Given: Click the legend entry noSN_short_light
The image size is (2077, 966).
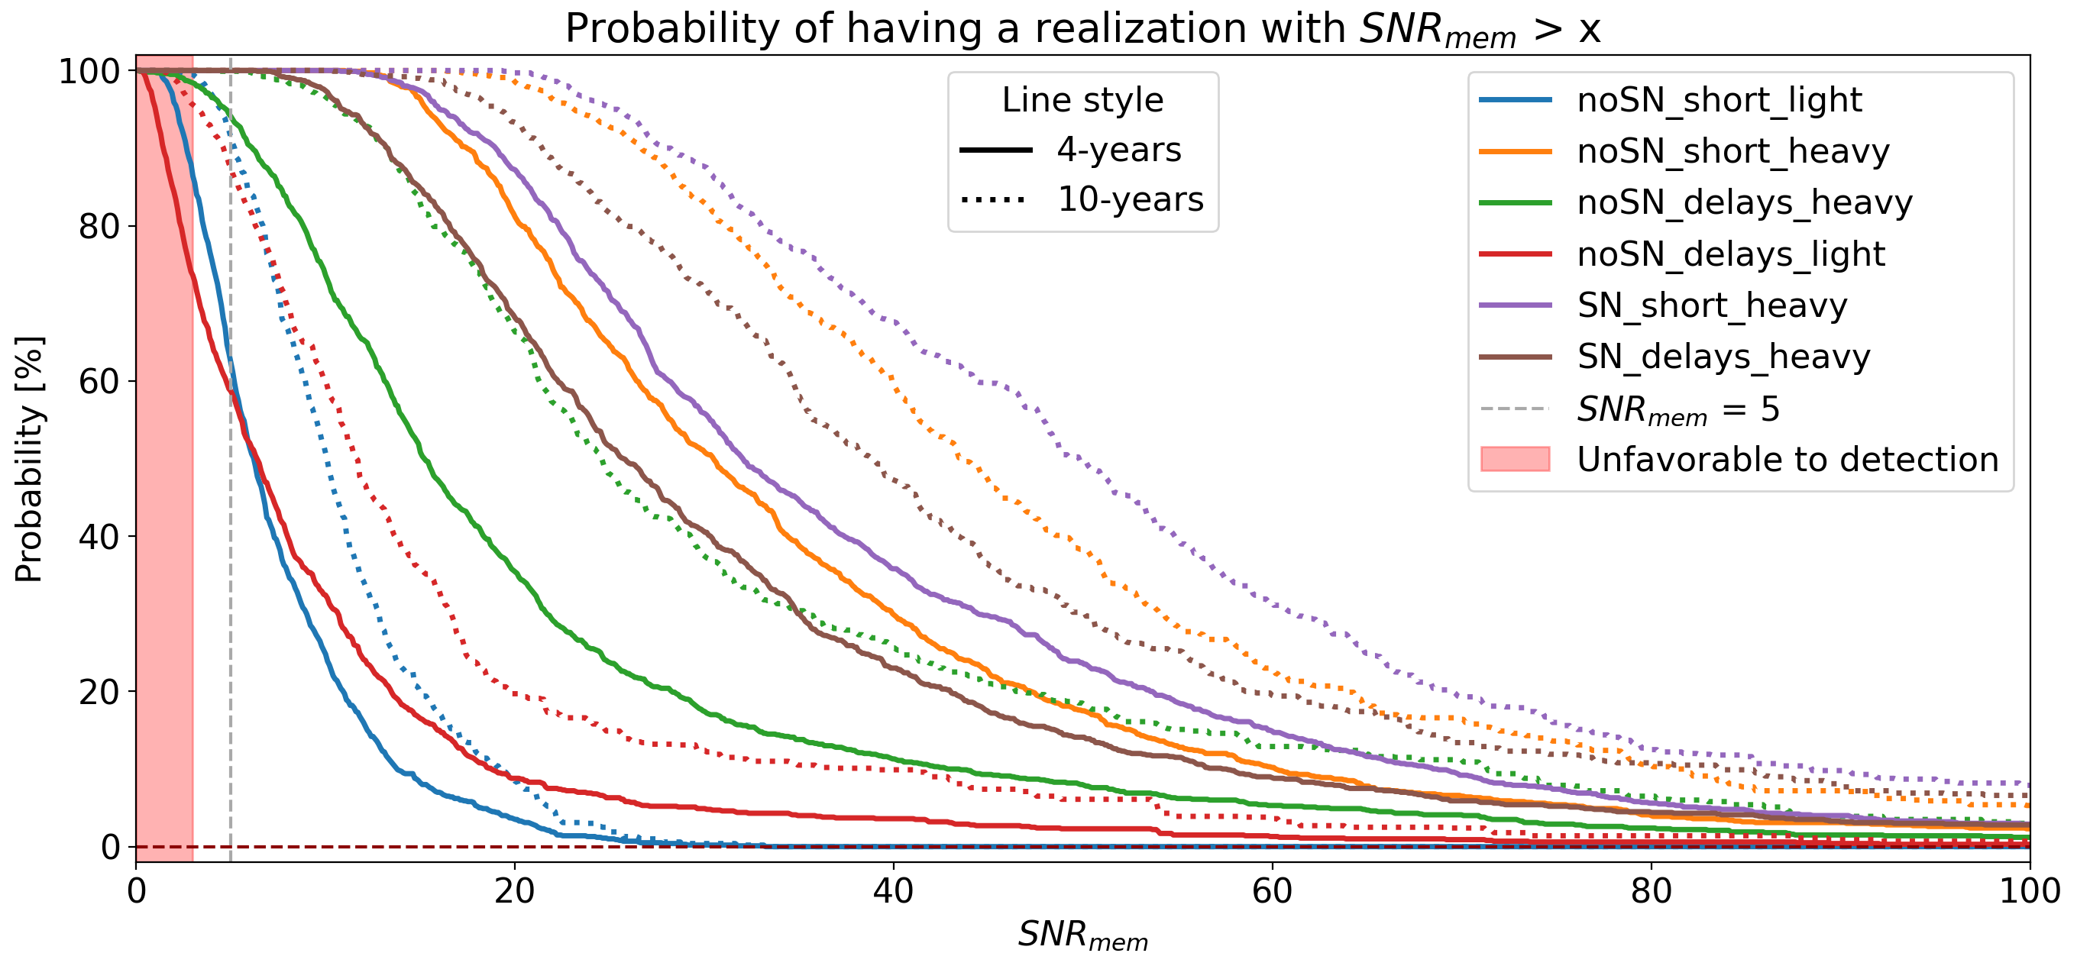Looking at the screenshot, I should (x=1719, y=100).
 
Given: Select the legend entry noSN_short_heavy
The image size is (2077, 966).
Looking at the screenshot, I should (x=1732, y=152).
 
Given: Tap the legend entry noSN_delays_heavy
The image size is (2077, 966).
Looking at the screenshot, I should (x=1744, y=202).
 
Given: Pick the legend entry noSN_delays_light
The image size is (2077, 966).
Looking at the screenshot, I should (x=1730, y=254).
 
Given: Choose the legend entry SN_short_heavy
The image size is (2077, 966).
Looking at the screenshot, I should (x=1712, y=305).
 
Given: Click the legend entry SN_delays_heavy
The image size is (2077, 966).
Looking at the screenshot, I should (x=1723, y=357).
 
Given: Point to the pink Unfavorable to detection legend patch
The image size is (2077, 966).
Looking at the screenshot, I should (x=1515, y=459).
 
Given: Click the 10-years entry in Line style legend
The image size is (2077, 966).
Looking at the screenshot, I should (x=1130, y=199).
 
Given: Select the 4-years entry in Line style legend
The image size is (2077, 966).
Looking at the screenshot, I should (x=1118, y=150).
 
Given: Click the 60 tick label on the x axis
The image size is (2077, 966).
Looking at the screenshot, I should (x=1272, y=892).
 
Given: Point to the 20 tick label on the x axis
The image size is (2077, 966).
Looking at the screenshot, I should (x=514, y=892).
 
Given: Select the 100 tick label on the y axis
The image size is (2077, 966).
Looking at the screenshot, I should (x=89, y=72).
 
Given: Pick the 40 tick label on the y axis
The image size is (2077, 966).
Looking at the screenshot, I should (x=99, y=536).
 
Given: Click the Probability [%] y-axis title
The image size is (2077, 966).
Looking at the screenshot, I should (x=29, y=460).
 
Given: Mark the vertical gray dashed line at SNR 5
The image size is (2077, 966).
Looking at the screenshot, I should (x=231, y=564).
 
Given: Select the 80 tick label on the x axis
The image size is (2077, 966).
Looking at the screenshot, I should (x=1651, y=892).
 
